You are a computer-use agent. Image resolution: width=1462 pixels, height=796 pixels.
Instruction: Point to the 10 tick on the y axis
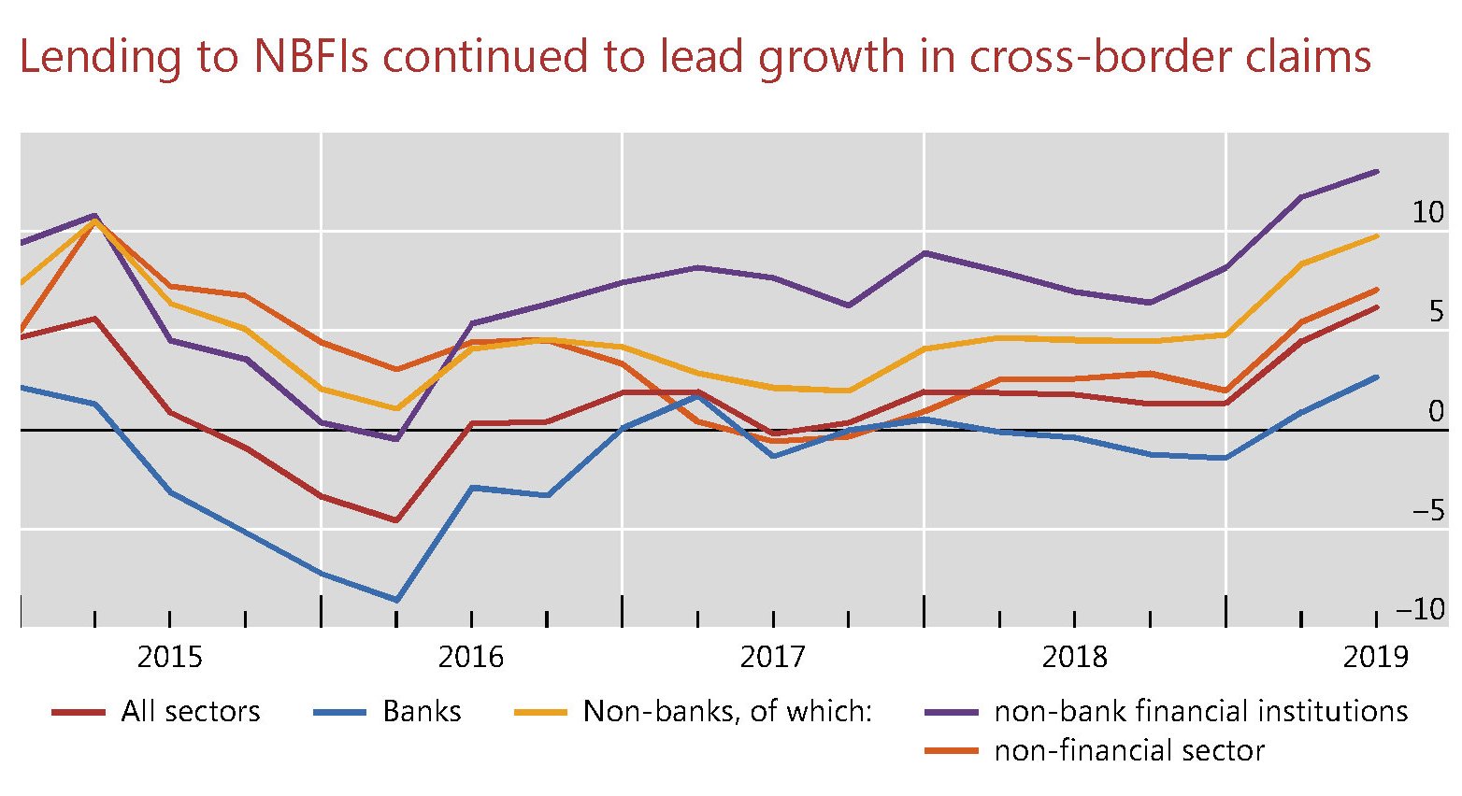(x=1427, y=213)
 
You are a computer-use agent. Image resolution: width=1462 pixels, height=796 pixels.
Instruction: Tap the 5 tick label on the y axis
(x=1437, y=312)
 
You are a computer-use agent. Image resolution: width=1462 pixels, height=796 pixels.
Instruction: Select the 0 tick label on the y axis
(x=1437, y=411)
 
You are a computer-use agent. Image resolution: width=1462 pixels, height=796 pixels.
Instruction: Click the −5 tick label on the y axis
(x=1427, y=511)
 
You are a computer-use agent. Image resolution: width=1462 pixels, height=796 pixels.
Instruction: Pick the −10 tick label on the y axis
(x=1420, y=610)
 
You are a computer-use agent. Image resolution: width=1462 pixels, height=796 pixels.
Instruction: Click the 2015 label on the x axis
(x=169, y=657)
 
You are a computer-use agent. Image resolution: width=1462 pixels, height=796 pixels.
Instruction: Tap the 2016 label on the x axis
(x=471, y=657)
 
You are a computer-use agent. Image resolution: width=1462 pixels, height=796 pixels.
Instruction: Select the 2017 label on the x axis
(x=772, y=657)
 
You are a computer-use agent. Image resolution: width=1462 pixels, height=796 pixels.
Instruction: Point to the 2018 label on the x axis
(x=1074, y=657)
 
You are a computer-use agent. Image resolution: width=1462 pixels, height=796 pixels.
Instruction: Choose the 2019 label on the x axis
(x=1375, y=657)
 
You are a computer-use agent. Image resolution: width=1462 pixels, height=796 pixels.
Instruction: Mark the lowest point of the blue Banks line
(x=396, y=600)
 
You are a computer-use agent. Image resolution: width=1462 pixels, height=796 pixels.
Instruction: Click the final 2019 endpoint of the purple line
(x=1377, y=172)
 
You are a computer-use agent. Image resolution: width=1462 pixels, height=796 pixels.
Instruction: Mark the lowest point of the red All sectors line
(x=396, y=520)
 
